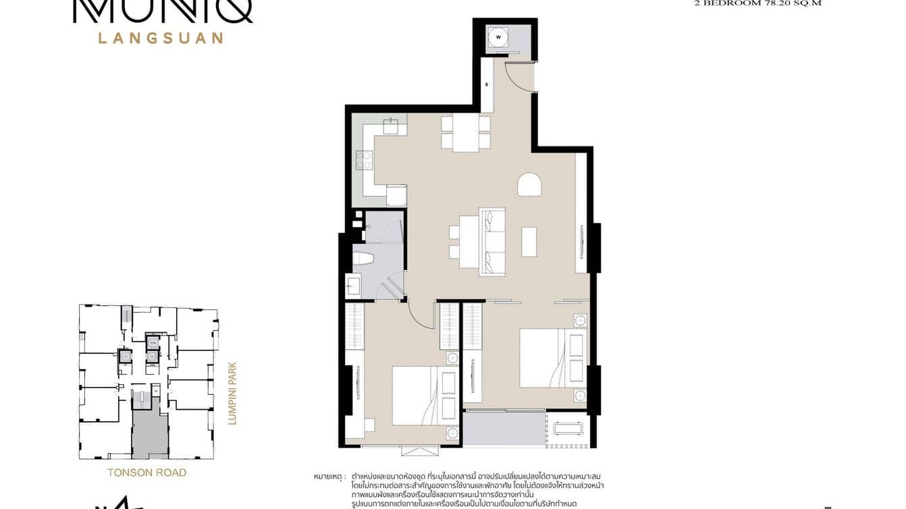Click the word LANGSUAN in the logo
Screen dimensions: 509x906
tap(161, 38)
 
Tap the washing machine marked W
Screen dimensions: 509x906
tap(498, 38)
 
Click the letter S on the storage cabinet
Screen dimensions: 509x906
tap(486, 85)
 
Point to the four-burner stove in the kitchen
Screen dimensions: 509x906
tap(365, 160)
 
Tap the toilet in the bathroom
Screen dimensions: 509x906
tap(363, 257)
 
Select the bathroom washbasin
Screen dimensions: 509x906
tap(353, 286)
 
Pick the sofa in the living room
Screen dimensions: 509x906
tap(492, 241)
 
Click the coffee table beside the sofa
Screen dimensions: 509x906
tap(529, 241)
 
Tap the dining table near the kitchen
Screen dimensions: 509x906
tap(466, 133)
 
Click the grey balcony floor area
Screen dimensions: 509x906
tap(503, 429)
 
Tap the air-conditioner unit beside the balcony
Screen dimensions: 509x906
tap(568, 428)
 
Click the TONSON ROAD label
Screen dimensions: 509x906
tap(146, 473)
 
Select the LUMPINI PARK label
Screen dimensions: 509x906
tap(233, 394)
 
